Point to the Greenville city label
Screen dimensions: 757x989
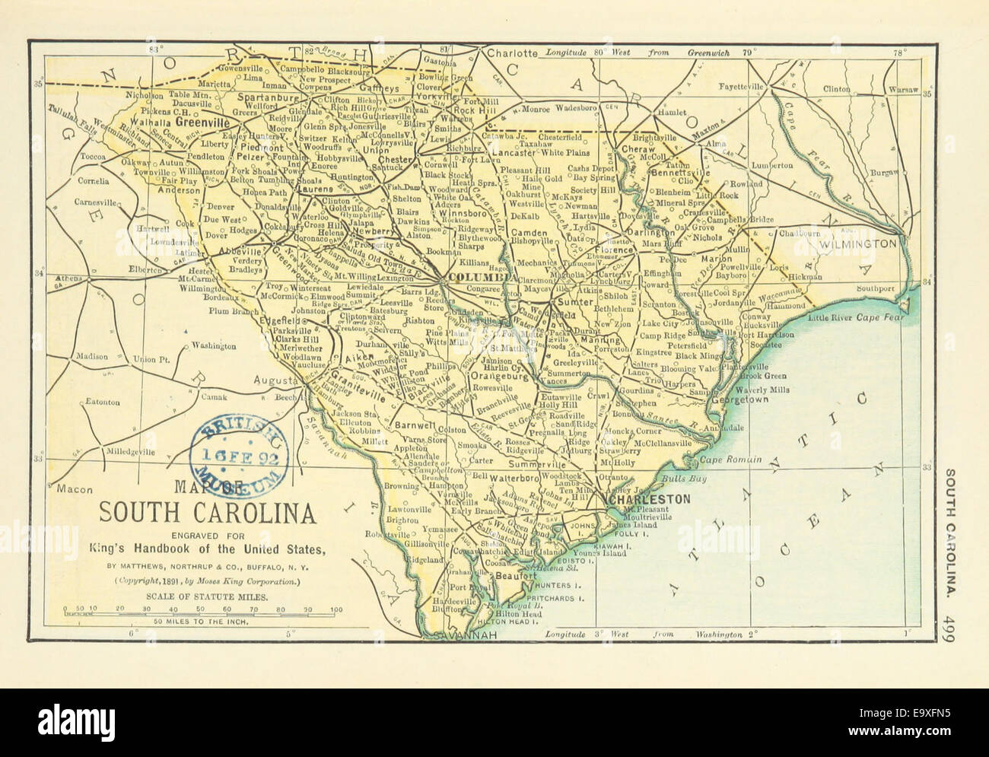[x=202, y=121]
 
